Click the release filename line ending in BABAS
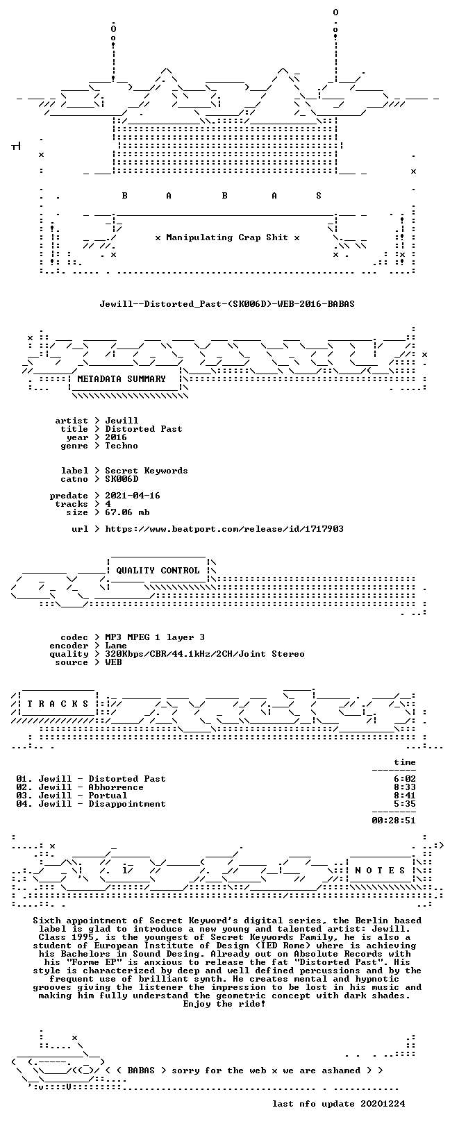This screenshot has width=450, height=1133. [227, 304]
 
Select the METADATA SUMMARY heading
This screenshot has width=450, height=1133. [122, 379]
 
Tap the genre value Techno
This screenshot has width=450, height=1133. [122, 446]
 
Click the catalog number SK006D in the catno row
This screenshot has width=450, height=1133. [122, 479]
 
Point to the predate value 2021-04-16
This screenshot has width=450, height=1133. [133, 496]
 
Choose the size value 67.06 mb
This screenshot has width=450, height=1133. [127, 512]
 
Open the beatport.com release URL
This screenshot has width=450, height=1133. [224, 529]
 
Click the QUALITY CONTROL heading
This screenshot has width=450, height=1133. [158, 571]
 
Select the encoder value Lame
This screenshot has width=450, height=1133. [116, 646]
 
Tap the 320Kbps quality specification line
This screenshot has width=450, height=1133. [205, 654]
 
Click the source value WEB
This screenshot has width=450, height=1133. [113, 662]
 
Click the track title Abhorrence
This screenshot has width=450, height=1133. [116, 787]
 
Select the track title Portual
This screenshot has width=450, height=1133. [108, 796]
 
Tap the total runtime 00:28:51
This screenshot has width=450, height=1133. [394, 821]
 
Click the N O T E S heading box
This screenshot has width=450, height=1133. [380, 871]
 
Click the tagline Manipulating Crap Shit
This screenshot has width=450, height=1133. [227, 237]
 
